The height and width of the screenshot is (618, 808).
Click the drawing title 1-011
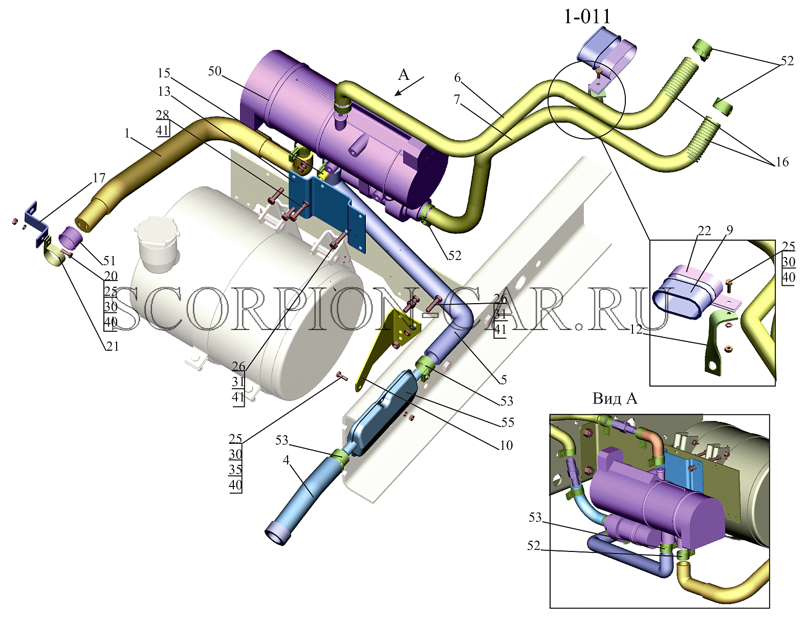[587, 16]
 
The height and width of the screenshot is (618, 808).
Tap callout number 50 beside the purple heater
[214, 71]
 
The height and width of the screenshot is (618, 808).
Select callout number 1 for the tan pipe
[127, 133]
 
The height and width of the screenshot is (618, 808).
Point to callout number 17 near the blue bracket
[99, 178]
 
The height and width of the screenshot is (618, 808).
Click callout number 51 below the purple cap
[110, 261]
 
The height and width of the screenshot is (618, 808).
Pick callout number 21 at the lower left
[112, 346]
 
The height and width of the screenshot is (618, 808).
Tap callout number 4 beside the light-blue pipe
[287, 460]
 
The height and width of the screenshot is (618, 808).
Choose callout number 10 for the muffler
[506, 445]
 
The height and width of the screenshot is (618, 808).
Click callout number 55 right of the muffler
[508, 422]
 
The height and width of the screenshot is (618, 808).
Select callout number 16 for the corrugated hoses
[782, 162]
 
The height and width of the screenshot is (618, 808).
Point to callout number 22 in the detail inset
[694, 231]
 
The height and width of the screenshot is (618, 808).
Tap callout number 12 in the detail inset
[636, 330]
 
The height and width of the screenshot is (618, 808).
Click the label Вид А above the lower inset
[615, 399]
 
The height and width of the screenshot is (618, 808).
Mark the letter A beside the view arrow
[404, 75]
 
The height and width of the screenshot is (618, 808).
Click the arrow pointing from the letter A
[409, 86]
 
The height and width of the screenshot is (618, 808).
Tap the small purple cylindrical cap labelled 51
[70, 238]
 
